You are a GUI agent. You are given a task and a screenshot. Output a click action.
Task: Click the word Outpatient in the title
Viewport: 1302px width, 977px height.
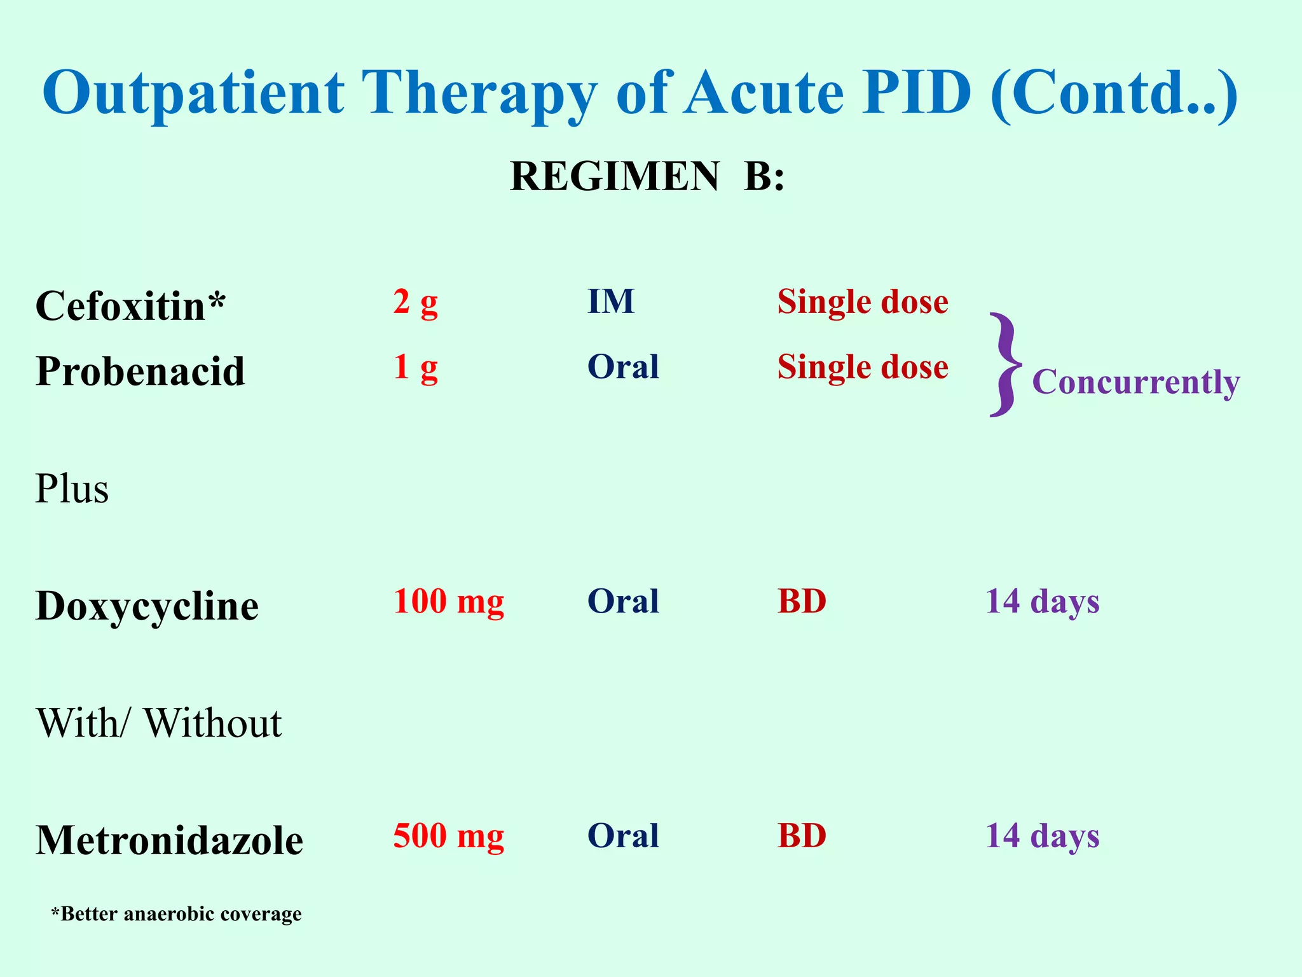[x=193, y=94]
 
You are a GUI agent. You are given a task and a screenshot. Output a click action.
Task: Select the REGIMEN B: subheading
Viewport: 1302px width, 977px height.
[x=647, y=176]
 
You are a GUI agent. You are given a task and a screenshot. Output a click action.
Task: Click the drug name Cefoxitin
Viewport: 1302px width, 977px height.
[x=130, y=306]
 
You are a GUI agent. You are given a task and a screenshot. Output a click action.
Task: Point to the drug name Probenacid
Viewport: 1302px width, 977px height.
[x=140, y=371]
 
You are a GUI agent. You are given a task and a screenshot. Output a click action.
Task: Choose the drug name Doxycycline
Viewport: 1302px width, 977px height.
[x=147, y=606]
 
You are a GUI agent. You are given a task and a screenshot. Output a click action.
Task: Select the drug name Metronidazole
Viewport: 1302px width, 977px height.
[x=169, y=840]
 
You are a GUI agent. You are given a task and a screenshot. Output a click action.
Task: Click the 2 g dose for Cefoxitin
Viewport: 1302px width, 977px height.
[x=415, y=302]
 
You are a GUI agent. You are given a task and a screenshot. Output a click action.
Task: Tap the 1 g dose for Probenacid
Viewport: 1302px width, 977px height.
[x=415, y=368]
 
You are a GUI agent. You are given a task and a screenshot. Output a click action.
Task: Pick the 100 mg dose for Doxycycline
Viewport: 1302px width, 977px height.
[x=448, y=602]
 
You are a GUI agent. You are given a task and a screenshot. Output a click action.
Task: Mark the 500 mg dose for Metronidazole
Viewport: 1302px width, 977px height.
[x=448, y=836]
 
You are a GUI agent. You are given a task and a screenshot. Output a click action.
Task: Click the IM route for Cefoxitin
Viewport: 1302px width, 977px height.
[x=610, y=301]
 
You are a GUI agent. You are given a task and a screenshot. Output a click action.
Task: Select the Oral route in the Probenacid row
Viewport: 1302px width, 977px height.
[x=623, y=367]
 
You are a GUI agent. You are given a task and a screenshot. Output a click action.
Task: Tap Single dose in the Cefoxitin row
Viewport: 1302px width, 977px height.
[x=863, y=301]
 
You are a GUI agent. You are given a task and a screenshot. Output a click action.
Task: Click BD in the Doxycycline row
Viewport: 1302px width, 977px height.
[x=802, y=602]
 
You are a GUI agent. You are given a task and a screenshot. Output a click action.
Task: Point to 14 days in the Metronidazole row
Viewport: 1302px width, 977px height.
[x=1042, y=836]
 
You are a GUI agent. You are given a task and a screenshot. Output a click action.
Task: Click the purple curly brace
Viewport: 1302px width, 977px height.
[x=1005, y=365]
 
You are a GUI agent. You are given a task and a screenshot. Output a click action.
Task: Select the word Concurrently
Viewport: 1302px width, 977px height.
[x=1135, y=382]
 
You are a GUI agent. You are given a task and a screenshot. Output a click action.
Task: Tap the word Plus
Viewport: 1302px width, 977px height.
[x=72, y=489]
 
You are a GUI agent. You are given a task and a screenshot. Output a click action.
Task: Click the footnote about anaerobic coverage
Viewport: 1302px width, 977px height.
[x=176, y=914]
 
